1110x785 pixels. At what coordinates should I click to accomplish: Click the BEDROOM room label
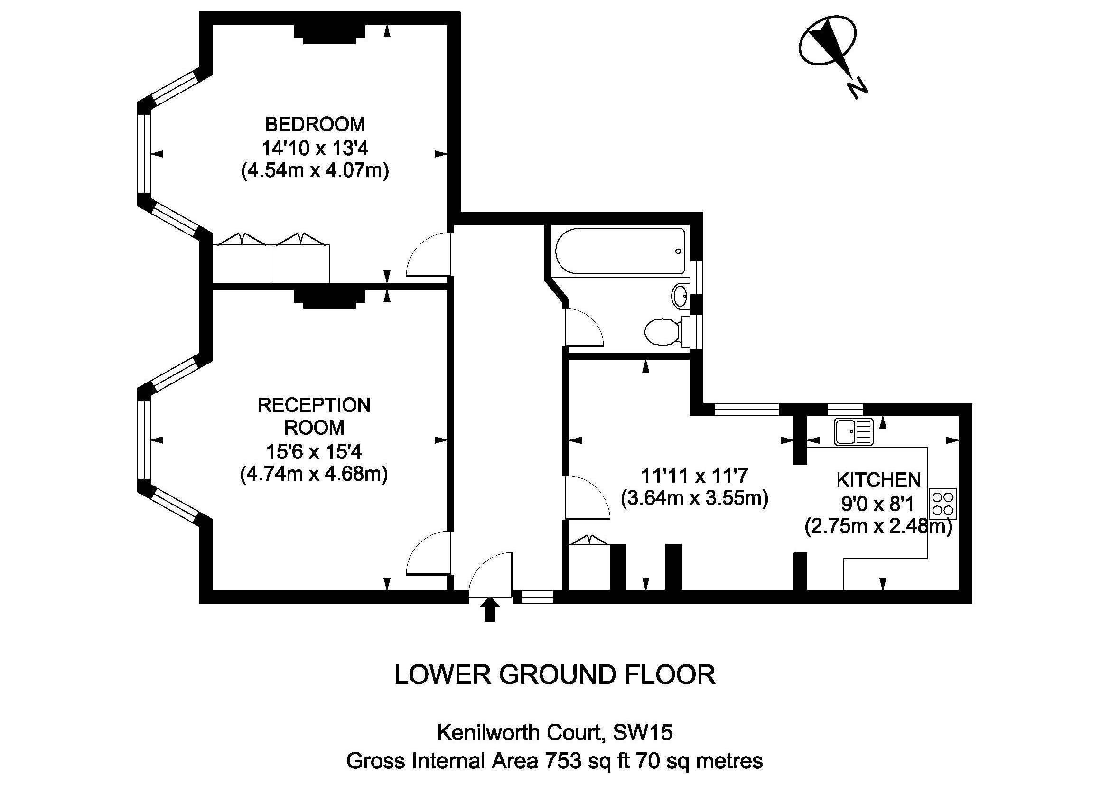click(315, 124)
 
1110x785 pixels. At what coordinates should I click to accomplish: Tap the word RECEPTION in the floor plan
click(314, 405)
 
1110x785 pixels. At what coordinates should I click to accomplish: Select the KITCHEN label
click(878, 480)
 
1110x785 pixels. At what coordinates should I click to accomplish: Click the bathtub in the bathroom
click(620, 252)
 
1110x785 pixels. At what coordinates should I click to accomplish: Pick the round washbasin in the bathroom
click(680, 295)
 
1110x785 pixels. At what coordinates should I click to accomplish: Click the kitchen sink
click(853, 431)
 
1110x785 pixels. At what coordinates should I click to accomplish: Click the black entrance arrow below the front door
click(490, 609)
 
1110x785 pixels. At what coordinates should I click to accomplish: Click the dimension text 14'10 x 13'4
click(315, 148)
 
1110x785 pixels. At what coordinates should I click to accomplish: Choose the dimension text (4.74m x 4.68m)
click(314, 474)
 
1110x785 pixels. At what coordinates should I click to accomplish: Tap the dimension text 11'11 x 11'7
click(694, 476)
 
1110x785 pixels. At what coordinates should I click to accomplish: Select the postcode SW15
click(643, 733)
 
